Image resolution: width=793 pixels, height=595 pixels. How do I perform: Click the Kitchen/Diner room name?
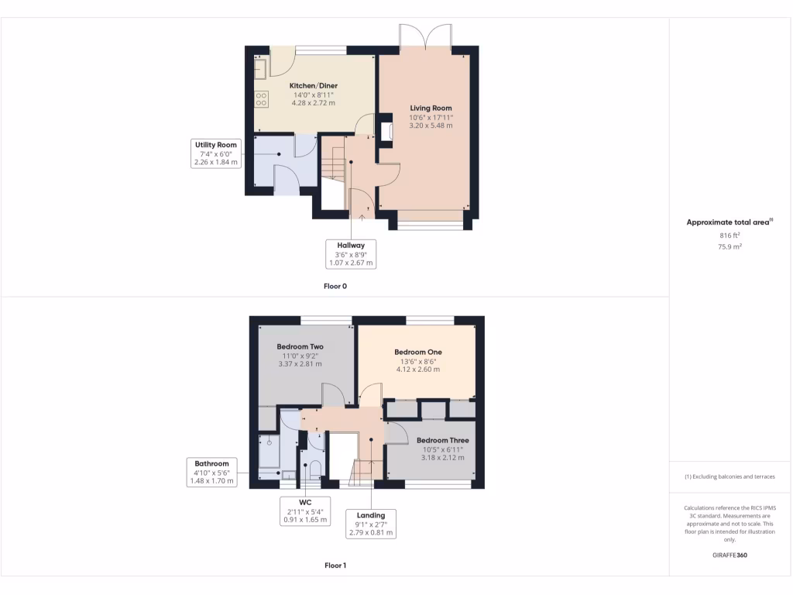[x=314, y=86]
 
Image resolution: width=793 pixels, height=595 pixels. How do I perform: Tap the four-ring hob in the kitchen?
[x=261, y=98]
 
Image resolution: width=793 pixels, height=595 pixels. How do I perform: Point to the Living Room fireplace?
[x=385, y=131]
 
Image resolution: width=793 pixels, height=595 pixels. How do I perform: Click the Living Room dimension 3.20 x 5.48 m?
[x=431, y=126]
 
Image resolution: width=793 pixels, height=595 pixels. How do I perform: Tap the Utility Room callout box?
[x=216, y=153]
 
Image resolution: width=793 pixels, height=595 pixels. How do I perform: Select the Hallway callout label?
[x=351, y=246]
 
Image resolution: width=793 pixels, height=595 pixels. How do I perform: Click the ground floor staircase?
[x=332, y=166]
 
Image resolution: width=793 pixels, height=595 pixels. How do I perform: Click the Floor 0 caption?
[x=335, y=287]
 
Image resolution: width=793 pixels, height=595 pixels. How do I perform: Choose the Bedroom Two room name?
[x=300, y=346]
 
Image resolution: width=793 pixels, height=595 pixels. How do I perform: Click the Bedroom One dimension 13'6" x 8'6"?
[x=417, y=361]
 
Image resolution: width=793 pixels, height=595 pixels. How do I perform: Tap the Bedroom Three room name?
[x=442, y=440]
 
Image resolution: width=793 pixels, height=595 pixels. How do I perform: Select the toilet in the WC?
[x=314, y=469]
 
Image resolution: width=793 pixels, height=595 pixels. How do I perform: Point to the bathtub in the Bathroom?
[x=269, y=452]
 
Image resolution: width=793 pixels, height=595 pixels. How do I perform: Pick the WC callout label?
[x=304, y=502]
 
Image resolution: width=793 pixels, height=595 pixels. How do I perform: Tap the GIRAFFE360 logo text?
[x=730, y=555]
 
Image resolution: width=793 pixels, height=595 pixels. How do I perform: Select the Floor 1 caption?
[x=335, y=566]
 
